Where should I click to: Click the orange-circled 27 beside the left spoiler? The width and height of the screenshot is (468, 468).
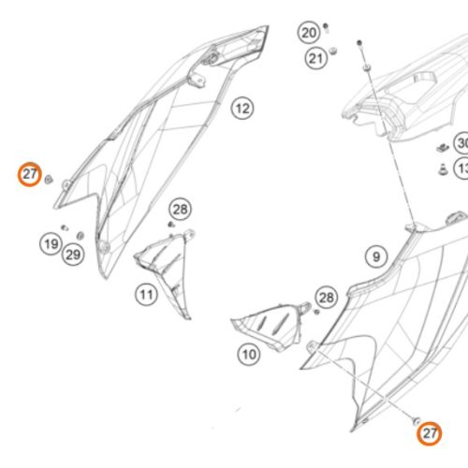click(x=30, y=174)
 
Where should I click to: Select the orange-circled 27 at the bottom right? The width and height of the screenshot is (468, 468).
click(x=430, y=433)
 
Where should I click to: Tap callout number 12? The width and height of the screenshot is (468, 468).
click(x=242, y=109)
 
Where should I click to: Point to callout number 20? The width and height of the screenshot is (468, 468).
click(x=309, y=33)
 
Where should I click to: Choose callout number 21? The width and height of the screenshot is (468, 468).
click(x=315, y=59)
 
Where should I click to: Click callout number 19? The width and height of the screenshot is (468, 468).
click(x=50, y=245)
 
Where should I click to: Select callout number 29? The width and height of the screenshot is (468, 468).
click(x=73, y=254)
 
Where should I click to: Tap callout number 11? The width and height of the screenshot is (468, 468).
click(x=146, y=296)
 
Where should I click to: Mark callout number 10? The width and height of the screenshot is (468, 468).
click(x=248, y=355)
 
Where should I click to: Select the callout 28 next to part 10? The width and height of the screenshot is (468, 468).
click(x=326, y=298)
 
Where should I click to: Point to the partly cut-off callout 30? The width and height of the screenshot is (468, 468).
click(x=461, y=143)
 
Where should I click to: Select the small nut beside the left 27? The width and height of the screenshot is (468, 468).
click(x=50, y=176)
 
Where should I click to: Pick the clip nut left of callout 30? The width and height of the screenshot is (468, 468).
click(x=441, y=147)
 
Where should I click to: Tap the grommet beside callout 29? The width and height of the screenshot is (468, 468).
click(x=80, y=233)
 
